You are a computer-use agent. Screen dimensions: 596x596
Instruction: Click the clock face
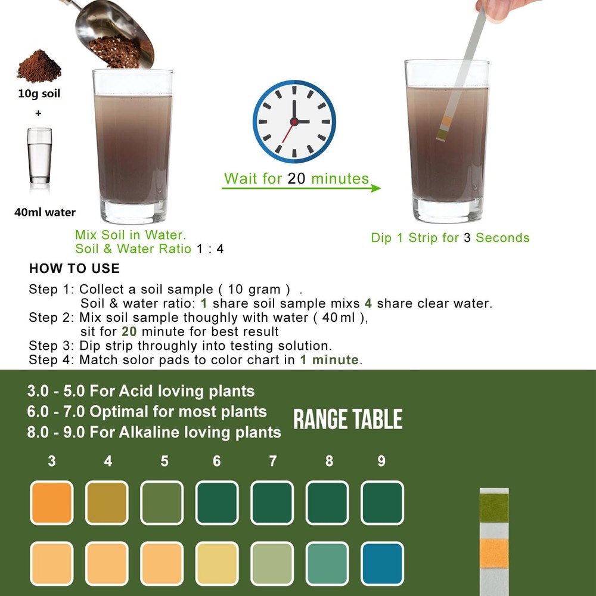294,121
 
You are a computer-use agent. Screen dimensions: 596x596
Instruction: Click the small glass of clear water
39,156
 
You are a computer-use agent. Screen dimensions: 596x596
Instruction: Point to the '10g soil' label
39,94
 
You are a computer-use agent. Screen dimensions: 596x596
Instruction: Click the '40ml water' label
45,212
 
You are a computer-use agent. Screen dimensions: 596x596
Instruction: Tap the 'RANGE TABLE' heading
348,420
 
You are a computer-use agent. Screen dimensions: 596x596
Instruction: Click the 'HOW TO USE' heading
74,268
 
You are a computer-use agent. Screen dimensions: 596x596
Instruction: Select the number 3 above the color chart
52,461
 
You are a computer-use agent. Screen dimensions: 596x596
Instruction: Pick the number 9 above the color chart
381,461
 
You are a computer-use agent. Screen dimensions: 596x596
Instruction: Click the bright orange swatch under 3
52,502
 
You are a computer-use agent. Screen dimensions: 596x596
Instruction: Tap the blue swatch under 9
382,563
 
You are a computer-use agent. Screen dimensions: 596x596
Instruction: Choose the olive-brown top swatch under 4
107,502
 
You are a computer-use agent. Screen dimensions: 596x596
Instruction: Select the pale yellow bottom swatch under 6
217,563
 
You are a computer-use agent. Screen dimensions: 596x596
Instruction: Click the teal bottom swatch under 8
327,563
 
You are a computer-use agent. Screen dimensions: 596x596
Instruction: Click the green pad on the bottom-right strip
494,507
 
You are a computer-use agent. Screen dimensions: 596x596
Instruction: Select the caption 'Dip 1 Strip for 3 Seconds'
450,238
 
